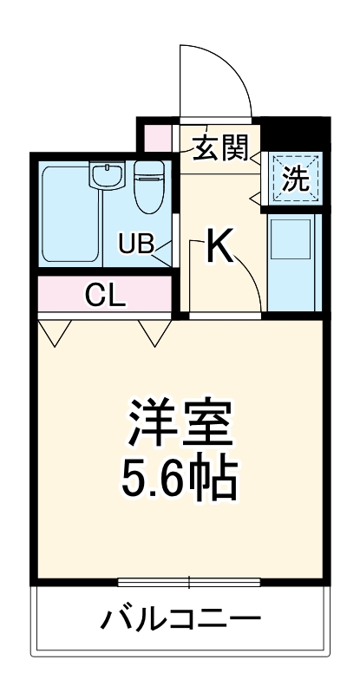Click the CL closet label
pyautogui.click(x=106, y=297)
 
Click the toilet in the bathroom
pyautogui.click(x=149, y=186)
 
